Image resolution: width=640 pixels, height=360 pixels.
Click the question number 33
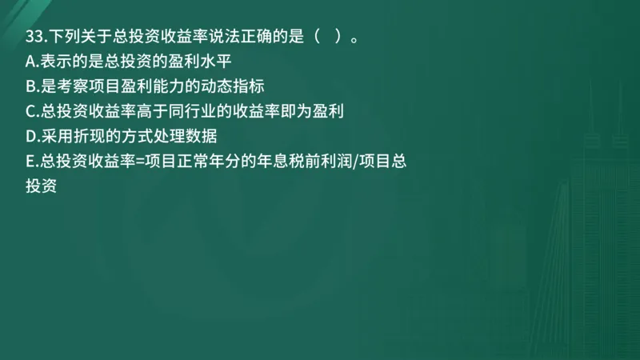click(x=34, y=36)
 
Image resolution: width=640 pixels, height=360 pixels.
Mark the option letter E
click(x=30, y=161)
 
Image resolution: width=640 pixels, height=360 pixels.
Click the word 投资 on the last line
click(x=41, y=186)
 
